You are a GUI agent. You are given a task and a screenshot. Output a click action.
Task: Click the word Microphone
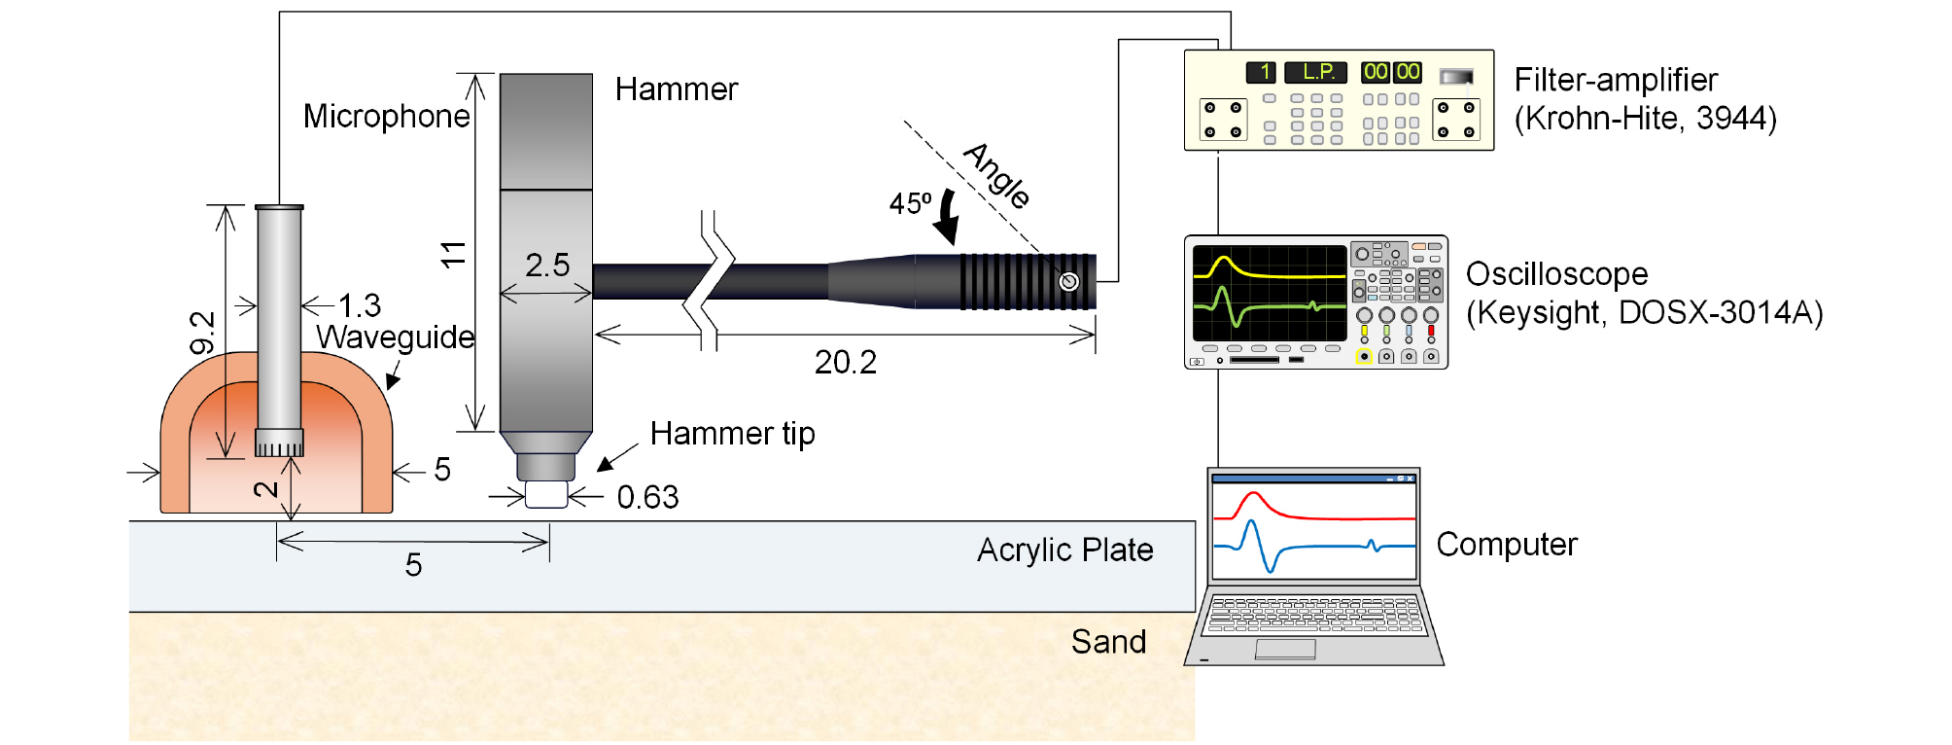coord(386,117)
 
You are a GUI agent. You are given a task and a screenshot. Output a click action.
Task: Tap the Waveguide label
coord(396,337)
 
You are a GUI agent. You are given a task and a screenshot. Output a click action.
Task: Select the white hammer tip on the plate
coord(545,494)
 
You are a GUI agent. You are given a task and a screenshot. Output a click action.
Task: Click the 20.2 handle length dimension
coord(846,362)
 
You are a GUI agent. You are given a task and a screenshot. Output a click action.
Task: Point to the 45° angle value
coord(910,203)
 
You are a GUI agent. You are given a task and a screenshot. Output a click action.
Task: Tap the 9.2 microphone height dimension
coord(202,333)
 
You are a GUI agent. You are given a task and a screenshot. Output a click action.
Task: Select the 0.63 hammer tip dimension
coord(647,497)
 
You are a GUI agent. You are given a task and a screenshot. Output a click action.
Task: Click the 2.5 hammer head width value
coord(547,265)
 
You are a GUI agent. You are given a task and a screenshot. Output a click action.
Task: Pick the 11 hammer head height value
coord(453,255)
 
